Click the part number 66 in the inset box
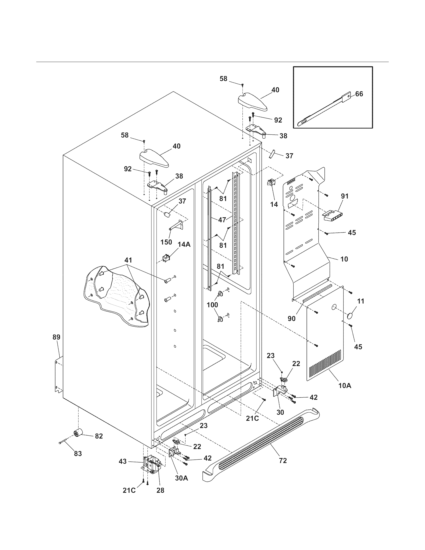click(x=359, y=94)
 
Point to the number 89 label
click(x=56, y=337)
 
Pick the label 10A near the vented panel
click(x=345, y=392)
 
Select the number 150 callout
click(x=166, y=242)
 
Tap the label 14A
click(x=184, y=244)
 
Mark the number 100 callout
click(x=212, y=305)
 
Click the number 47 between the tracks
click(x=222, y=220)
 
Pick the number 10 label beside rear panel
click(x=344, y=259)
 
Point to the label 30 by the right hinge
click(x=280, y=412)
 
